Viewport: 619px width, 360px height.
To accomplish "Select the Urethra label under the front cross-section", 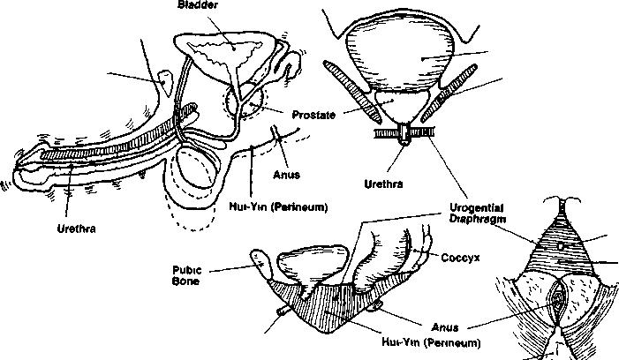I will pos(383,185).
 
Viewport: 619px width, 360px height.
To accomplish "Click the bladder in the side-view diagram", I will pos(232,57).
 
